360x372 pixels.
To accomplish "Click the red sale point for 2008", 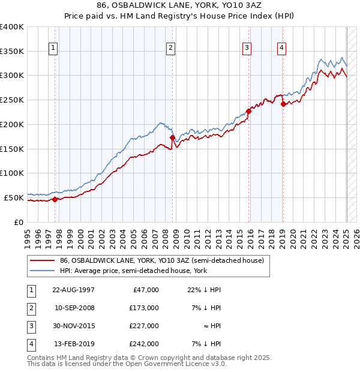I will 172,137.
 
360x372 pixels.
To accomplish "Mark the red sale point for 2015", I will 248,111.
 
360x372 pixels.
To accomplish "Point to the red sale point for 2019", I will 283,104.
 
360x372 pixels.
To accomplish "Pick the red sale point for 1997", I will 55,199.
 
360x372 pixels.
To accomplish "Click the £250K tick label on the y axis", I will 12,100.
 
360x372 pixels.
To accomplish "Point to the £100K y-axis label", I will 12,173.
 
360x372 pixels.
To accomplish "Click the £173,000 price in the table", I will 145,308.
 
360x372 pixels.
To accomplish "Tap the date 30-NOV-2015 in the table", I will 74,326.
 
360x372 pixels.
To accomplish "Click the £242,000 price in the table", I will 145,344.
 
